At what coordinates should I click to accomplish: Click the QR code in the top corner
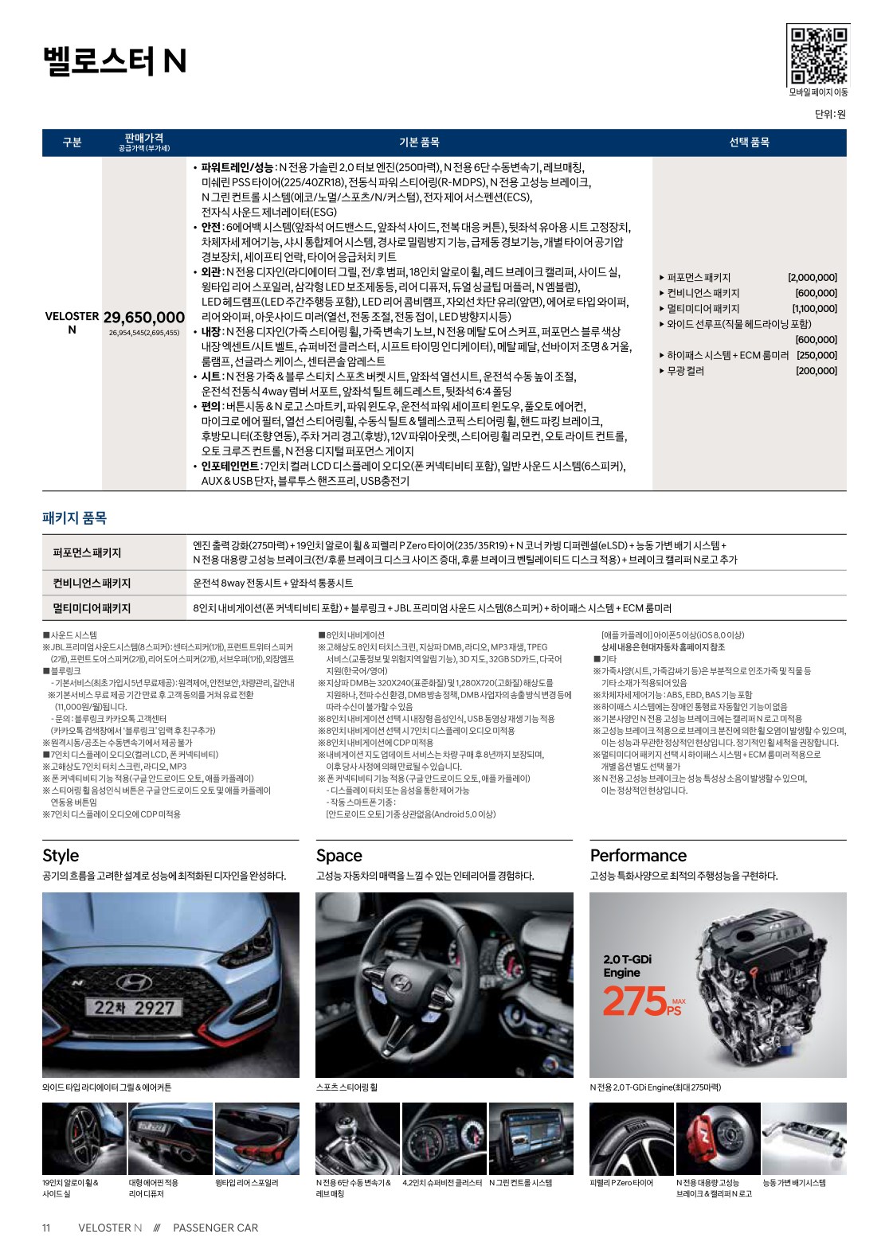coord(818,55)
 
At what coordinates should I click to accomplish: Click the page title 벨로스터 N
coord(115,61)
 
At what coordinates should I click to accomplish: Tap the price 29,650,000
coord(143,318)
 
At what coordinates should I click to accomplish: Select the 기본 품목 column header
coord(419,142)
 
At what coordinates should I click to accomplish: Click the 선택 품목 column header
coord(749,142)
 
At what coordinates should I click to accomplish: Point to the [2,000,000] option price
coord(813,278)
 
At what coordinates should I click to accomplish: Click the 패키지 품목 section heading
coord(74,517)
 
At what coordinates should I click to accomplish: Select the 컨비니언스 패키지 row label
coord(92,583)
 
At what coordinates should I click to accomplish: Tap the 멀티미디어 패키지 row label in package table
coord(92,608)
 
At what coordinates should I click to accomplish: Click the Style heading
coord(61,856)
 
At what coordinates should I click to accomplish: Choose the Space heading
coord(339,856)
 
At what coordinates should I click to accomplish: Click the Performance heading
coord(638,856)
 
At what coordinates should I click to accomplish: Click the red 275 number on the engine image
coord(634,1001)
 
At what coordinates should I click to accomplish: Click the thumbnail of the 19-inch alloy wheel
coord(83,1138)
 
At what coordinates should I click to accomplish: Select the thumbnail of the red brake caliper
coord(718,1138)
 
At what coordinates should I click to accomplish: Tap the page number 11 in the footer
coord(46,1228)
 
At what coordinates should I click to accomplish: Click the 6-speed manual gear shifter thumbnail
coord(358,1138)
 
